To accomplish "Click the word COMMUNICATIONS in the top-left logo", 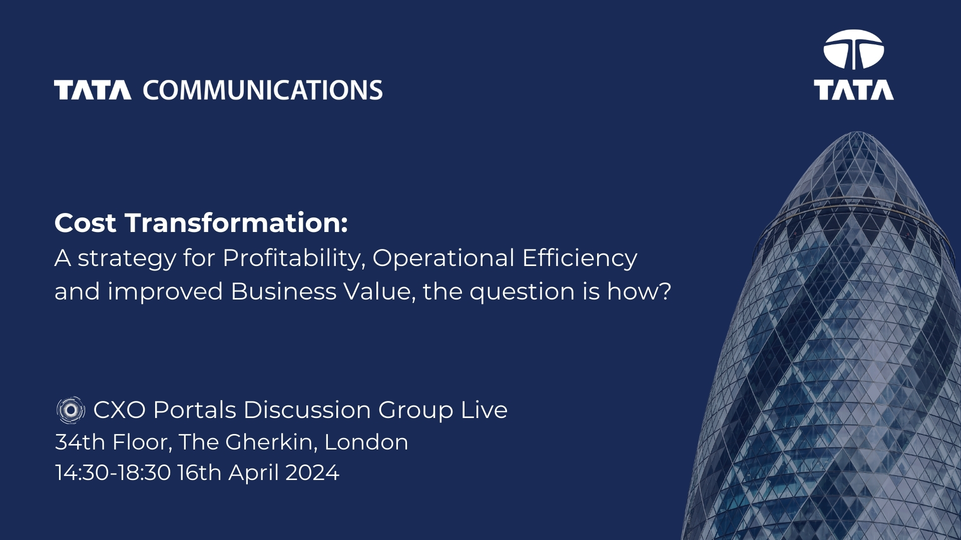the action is click(x=263, y=90).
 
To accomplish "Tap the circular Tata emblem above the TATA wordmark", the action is click(x=854, y=49).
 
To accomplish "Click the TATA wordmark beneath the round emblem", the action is click(x=854, y=90).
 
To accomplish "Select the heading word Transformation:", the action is click(x=236, y=222).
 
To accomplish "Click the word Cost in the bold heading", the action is click(x=85, y=223).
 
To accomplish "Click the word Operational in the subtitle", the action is click(x=443, y=258).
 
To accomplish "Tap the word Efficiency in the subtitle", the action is click(x=580, y=258).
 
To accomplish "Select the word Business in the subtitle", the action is click(x=283, y=291).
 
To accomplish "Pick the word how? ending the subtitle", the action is click(x=639, y=291).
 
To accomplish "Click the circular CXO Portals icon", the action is click(x=71, y=410).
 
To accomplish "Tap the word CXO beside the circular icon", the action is click(x=119, y=410).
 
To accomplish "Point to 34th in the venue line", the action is click(x=80, y=442).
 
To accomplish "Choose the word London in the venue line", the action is click(x=366, y=442).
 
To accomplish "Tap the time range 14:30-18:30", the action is click(x=113, y=472).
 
